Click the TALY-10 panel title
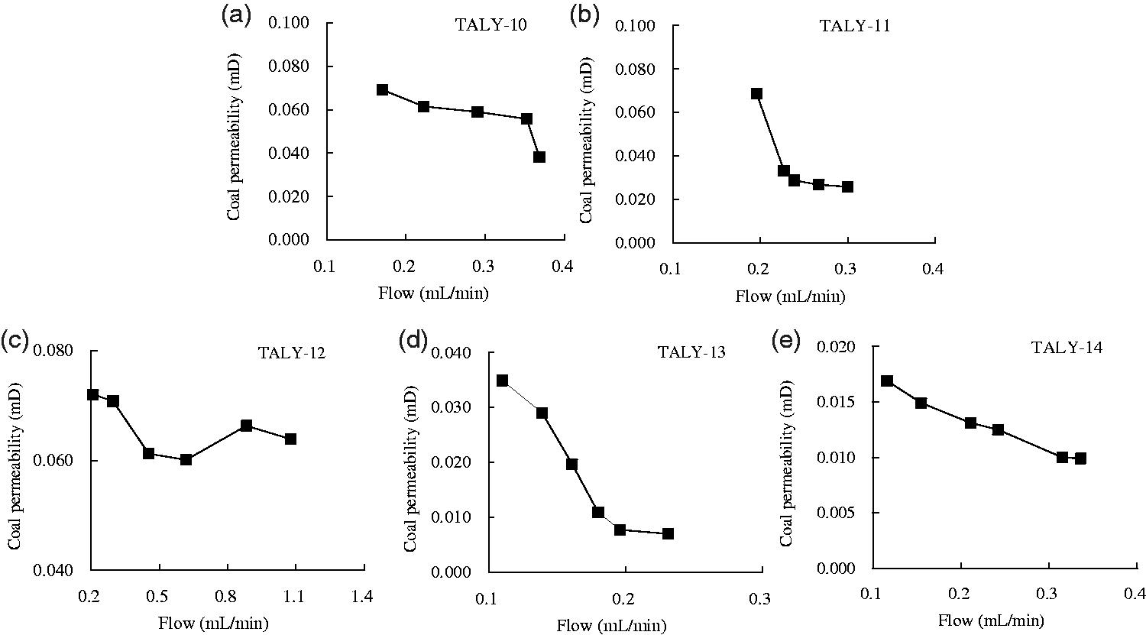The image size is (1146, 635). (x=490, y=25)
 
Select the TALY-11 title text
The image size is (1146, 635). (x=856, y=26)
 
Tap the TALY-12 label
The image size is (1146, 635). (x=292, y=353)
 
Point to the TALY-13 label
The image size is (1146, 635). (x=691, y=352)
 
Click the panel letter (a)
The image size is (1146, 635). (x=236, y=16)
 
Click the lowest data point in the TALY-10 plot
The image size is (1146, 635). (x=539, y=157)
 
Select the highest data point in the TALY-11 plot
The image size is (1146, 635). (x=756, y=94)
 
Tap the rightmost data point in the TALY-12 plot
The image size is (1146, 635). (x=290, y=439)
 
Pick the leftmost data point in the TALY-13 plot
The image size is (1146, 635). (x=503, y=381)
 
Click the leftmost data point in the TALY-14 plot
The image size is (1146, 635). (x=887, y=381)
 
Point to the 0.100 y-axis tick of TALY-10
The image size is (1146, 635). (x=289, y=23)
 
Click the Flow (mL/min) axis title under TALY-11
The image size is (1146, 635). (x=790, y=296)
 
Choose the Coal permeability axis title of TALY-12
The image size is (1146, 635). (x=15, y=465)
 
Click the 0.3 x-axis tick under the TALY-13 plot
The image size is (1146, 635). (x=759, y=599)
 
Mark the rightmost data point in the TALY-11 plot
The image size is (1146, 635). (x=848, y=186)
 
